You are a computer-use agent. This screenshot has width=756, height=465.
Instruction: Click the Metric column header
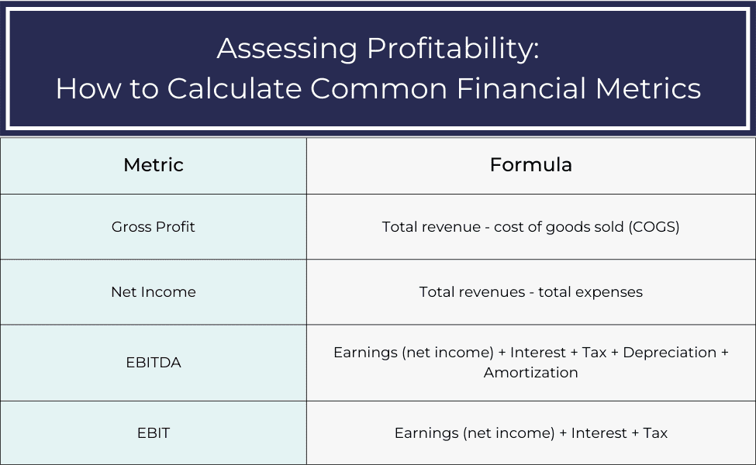[154, 165]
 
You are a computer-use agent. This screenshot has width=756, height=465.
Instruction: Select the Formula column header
[531, 165]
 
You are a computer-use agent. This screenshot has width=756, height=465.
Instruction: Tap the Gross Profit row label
[154, 227]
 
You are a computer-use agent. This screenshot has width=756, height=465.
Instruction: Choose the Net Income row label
[154, 292]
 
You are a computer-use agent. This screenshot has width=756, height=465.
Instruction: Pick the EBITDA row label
[154, 362]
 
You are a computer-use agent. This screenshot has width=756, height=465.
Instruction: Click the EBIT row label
[154, 433]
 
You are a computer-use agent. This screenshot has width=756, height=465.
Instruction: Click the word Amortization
[531, 373]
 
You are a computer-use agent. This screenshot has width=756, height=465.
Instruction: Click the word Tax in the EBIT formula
[655, 433]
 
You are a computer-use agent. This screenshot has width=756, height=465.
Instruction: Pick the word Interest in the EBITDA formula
[537, 353]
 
